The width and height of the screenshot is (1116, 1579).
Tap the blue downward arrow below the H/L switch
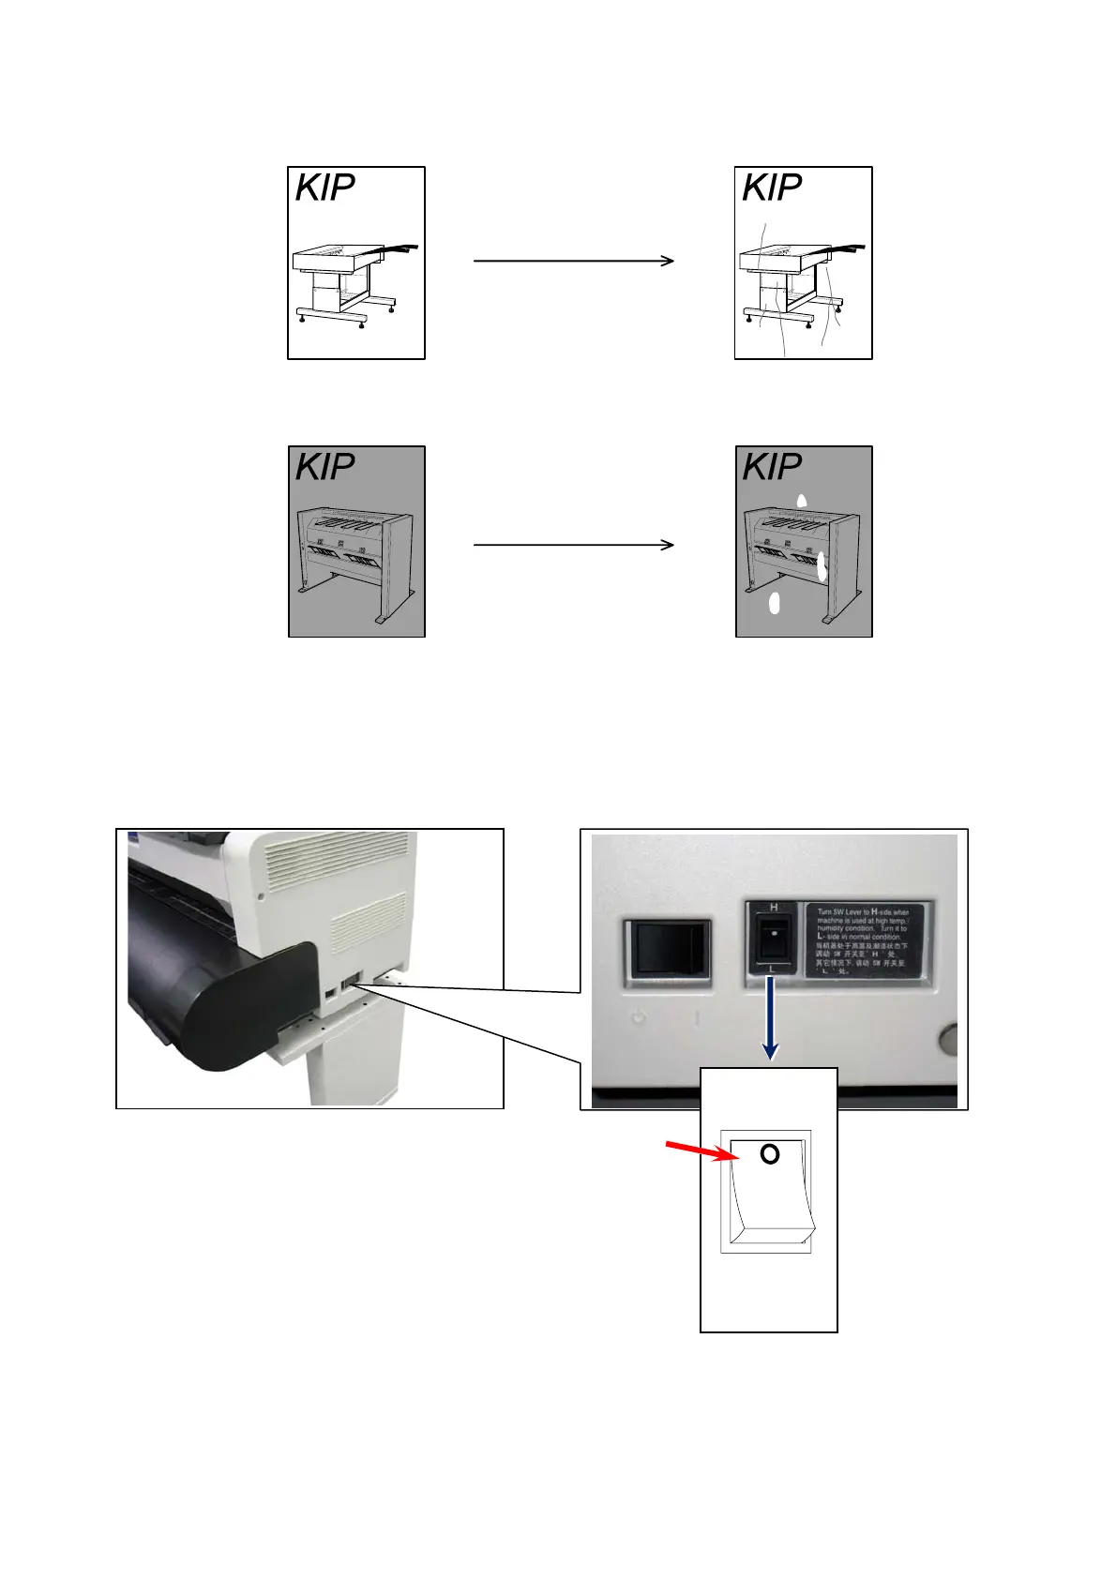pos(770,1017)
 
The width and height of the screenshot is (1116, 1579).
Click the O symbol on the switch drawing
pos(770,1154)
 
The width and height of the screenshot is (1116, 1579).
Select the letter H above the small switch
pos(774,908)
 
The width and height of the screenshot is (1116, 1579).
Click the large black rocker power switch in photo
pos(668,947)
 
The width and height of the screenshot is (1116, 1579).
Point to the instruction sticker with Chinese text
pos(863,940)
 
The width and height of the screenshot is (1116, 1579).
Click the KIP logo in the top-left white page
pos(325,188)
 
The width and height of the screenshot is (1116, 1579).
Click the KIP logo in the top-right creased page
pos(772,188)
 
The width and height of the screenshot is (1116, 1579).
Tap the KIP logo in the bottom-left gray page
pos(325,467)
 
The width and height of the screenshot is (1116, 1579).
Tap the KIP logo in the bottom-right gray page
pos(772,467)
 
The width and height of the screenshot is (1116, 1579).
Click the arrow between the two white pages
pos(574,261)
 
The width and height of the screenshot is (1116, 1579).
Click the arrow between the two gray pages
pos(574,544)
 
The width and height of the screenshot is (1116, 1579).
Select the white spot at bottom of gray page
pos(775,603)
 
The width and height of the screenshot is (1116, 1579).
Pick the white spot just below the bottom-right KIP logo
pos(802,501)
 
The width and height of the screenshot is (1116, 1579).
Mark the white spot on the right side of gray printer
pos(822,565)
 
